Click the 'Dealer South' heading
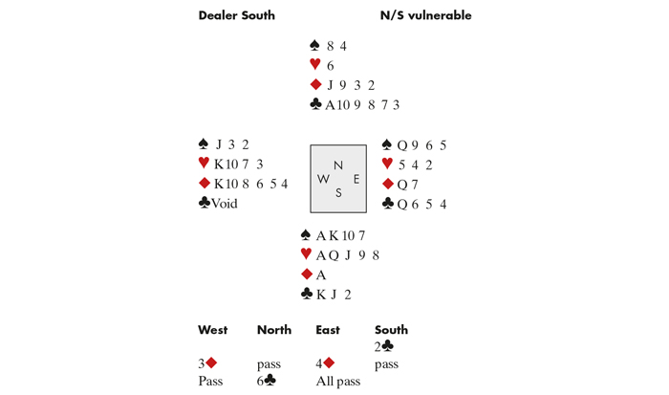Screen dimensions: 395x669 (236, 15)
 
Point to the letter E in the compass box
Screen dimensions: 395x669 (356, 178)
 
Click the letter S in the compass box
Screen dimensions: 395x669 (338, 192)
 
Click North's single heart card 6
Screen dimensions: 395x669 (330, 66)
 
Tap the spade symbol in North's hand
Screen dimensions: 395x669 (315, 46)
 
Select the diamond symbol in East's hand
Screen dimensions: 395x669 (387, 184)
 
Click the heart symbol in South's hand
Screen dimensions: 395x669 (306, 254)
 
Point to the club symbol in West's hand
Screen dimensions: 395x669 (205, 203)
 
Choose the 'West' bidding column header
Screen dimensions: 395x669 (212, 330)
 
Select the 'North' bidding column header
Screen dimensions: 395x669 (273, 330)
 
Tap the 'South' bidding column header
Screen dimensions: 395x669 (391, 330)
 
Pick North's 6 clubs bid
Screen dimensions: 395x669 (268, 381)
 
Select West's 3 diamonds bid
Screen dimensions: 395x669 (207, 363)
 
